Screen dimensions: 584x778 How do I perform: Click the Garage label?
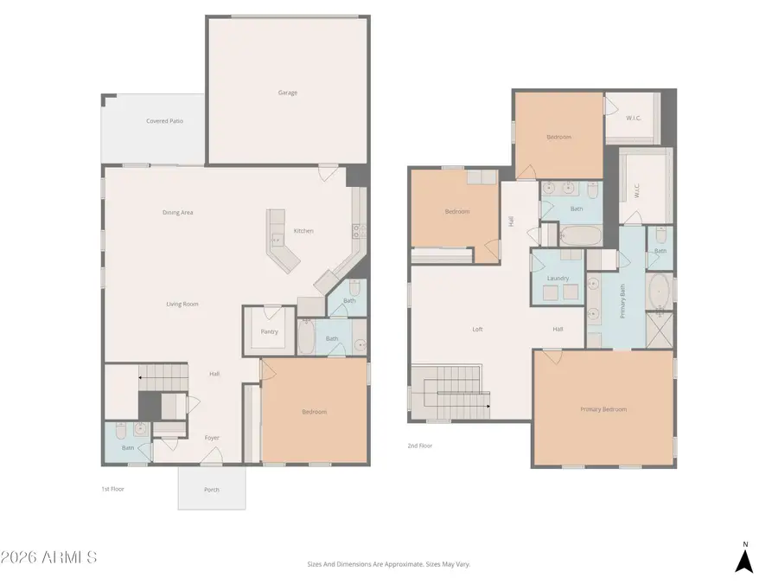(x=287, y=93)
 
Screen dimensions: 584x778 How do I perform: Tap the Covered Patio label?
(x=164, y=121)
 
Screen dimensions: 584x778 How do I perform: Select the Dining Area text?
(x=177, y=212)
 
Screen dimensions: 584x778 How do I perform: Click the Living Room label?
(x=182, y=304)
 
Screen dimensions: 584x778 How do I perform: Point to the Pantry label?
(x=269, y=331)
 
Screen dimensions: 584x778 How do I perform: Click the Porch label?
(x=212, y=490)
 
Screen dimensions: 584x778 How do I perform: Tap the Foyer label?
(x=212, y=438)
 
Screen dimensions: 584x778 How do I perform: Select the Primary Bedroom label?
(x=603, y=409)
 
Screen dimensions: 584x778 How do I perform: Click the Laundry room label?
(x=558, y=278)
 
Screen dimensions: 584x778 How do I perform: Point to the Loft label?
(x=477, y=329)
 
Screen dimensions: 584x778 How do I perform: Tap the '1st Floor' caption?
(x=112, y=489)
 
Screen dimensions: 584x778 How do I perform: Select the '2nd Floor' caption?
(x=420, y=446)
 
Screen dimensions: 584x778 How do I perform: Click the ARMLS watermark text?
(x=49, y=557)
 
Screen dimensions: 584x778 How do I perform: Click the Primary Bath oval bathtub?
(x=660, y=292)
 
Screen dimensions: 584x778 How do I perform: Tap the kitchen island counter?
(x=280, y=241)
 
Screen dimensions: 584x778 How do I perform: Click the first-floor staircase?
(x=163, y=378)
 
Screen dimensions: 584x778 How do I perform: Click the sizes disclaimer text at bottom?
(x=388, y=564)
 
